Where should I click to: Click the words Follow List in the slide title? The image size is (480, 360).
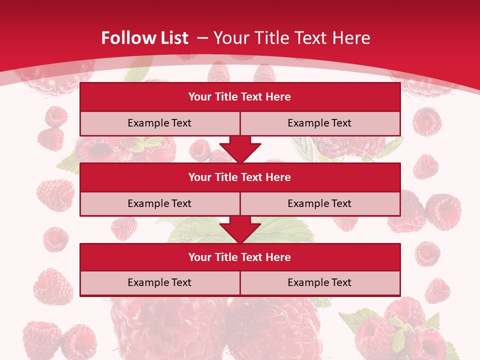coord(144,38)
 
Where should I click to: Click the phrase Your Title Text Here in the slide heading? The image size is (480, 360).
coord(292,38)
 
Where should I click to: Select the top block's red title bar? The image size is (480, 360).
coord(240,97)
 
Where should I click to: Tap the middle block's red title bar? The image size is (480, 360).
coord(240,177)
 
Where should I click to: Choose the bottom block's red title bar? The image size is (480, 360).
coord(240,257)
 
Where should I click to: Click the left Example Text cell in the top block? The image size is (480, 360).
coord(159,123)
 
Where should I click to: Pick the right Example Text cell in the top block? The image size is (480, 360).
coord(320,123)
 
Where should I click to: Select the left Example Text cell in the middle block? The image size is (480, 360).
coord(159,203)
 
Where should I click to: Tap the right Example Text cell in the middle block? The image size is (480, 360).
coord(320,203)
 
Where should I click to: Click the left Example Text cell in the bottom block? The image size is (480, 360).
coord(159,282)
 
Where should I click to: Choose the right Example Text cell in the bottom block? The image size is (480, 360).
coord(320,282)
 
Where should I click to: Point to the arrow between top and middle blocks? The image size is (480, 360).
coord(240,149)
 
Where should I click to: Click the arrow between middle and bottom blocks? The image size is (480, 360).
coord(240,229)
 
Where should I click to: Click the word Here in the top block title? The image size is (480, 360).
coord(278,97)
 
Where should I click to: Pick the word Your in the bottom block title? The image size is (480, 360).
coord(199,257)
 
